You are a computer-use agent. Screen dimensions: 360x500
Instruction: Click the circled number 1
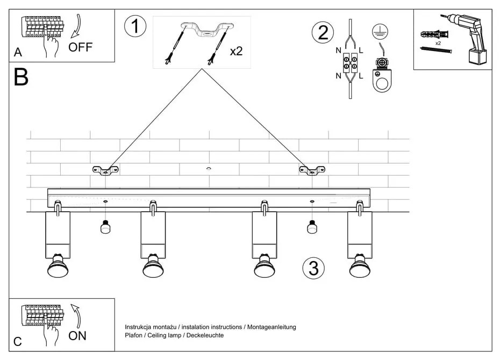click(x=135, y=26)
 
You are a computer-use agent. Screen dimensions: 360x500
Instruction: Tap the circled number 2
click(x=323, y=32)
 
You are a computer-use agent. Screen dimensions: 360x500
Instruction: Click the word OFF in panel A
click(x=81, y=47)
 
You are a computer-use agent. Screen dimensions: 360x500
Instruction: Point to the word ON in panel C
click(x=77, y=336)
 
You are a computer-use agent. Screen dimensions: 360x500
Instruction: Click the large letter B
click(x=21, y=78)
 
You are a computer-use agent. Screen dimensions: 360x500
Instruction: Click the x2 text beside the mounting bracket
click(x=236, y=52)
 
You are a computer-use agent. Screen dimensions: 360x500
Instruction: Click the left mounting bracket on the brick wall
click(x=105, y=170)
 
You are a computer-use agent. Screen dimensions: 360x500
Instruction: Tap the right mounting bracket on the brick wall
click(x=312, y=170)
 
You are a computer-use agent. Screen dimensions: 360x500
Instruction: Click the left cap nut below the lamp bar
click(x=105, y=228)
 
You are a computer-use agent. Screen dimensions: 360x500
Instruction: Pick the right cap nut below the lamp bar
click(x=311, y=228)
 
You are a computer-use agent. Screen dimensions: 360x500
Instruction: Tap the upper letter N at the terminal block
click(x=338, y=51)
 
